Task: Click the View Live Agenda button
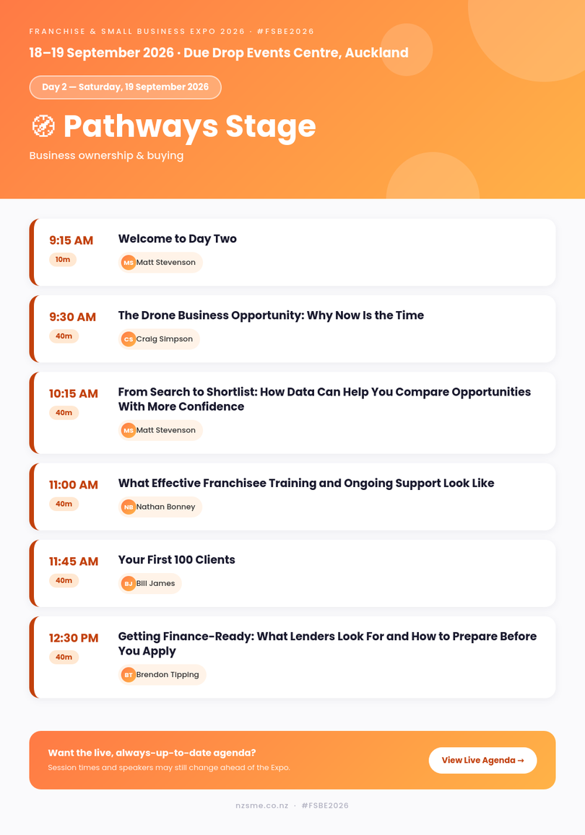click(x=482, y=760)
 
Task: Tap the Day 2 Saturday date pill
click(x=125, y=87)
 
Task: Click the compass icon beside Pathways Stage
click(x=43, y=126)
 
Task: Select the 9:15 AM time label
click(x=71, y=240)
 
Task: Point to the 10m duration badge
click(x=63, y=259)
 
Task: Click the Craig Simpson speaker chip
click(x=159, y=338)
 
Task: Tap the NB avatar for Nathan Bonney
click(x=129, y=507)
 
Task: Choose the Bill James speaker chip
click(x=149, y=583)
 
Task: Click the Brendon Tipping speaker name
click(x=168, y=674)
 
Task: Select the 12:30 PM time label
click(x=74, y=638)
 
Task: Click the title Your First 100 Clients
click(x=176, y=560)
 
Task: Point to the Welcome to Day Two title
click(x=178, y=239)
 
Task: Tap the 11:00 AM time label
click(x=74, y=484)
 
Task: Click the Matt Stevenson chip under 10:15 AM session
click(x=160, y=429)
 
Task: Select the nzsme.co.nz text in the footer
click(x=261, y=805)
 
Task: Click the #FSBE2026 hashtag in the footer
click(x=324, y=805)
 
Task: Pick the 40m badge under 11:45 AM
click(x=64, y=580)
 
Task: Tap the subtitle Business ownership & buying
click(x=106, y=155)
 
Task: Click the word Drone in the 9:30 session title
click(x=157, y=315)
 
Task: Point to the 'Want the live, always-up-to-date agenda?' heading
click(x=152, y=753)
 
